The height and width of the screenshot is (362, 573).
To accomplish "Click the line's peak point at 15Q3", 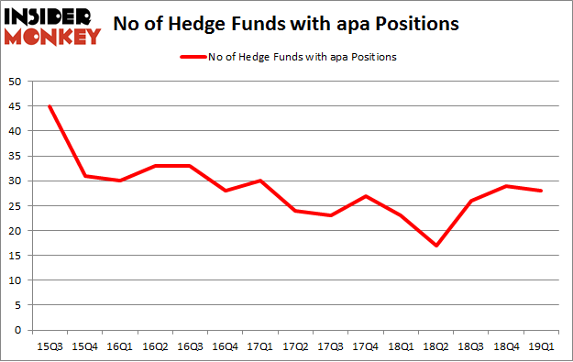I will point(50,106).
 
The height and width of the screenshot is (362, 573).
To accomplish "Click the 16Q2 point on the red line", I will point(155,166).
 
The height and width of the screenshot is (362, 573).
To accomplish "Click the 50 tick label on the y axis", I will point(16,82).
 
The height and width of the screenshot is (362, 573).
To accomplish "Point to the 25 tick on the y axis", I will point(16,206).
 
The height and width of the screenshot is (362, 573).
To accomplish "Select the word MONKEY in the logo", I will point(55,38).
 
